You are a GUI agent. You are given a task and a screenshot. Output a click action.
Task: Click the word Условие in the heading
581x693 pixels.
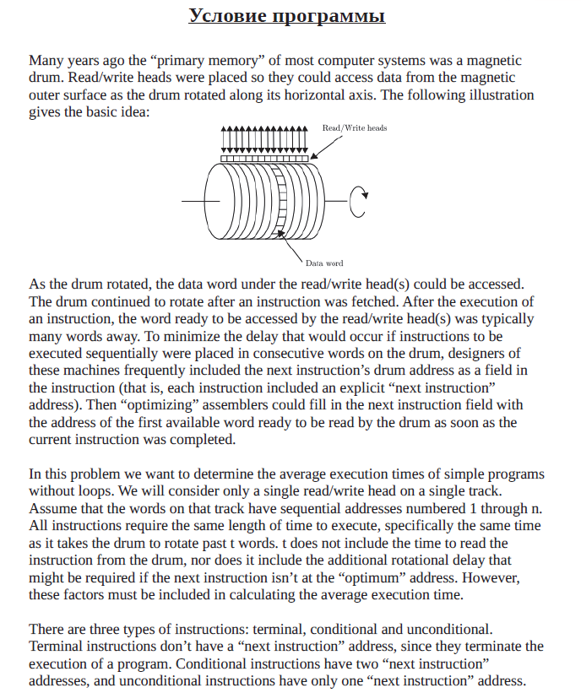click(x=227, y=16)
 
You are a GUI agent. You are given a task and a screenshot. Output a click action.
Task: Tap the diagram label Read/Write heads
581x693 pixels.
click(x=355, y=128)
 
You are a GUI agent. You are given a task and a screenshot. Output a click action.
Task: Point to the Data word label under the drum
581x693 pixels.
click(x=324, y=263)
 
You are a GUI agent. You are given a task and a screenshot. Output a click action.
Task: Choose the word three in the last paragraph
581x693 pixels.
click(x=110, y=630)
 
